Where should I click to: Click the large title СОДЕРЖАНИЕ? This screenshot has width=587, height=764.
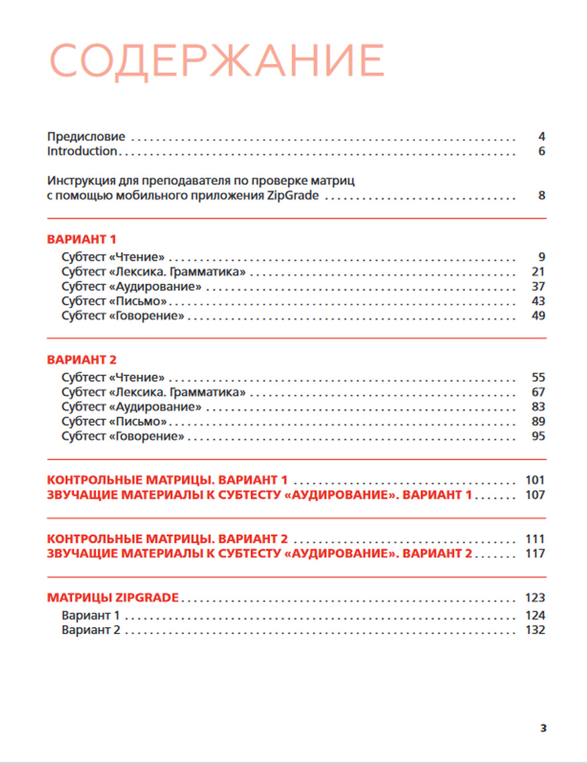pos(217,61)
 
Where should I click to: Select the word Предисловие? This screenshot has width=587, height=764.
pos(86,136)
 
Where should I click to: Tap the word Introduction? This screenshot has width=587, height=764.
pos(82,151)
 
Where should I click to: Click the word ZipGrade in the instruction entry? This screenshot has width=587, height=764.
pos(293,195)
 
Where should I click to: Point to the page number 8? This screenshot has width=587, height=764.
pos(542,195)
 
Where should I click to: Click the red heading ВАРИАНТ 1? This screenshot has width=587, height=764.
pos(82,239)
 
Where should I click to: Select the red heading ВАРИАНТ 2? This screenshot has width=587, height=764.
pos(82,360)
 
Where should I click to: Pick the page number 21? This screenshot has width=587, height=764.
pos(538,272)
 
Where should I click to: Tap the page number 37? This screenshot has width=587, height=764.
pos(538,286)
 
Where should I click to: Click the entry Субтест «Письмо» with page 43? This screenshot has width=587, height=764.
pos(114,301)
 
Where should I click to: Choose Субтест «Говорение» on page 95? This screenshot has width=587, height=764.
pos(123,436)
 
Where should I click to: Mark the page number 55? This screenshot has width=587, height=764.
pos(538,377)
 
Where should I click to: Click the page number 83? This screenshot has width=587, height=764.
pos(538,407)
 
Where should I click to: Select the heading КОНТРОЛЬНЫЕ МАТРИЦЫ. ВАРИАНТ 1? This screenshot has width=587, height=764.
pos(167,480)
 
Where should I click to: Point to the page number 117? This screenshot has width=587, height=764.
pos(535,554)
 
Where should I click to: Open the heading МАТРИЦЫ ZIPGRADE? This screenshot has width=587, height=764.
pos(113,598)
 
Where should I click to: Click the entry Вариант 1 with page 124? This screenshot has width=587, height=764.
pos(91,615)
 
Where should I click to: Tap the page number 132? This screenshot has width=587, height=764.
pos(535,630)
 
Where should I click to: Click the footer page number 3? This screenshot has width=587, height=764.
pos(544,728)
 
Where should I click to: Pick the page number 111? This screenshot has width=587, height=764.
pos(535,539)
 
